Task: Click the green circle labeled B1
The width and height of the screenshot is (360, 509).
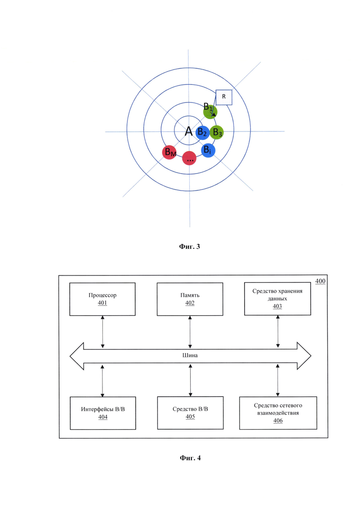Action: click(210, 112)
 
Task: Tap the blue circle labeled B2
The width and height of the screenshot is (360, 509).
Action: click(203, 132)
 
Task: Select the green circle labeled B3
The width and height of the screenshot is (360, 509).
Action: click(216, 132)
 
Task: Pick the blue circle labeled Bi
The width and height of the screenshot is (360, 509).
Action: click(208, 150)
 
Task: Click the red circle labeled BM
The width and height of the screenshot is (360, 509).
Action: click(169, 152)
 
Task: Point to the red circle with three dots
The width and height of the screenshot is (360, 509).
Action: click(189, 158)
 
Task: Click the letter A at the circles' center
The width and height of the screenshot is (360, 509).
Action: click(189, 132)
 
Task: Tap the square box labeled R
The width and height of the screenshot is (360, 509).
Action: click(224, 97)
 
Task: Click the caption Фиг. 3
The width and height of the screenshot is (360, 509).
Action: click(190, 246)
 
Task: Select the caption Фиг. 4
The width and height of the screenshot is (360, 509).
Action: click(190, 458)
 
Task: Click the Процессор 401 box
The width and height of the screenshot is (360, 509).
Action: click(102, 299)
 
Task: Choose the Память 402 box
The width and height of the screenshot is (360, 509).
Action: click(190, 299)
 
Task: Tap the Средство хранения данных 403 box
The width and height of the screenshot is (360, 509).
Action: click(277, 299)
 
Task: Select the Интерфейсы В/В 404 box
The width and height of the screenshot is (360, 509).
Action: click(103, 413)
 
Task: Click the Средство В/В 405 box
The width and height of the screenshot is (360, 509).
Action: click(190, 413)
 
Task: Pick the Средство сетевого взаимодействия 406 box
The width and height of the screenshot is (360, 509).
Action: click(278, 413)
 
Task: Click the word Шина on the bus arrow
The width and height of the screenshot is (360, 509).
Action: click(190, 355)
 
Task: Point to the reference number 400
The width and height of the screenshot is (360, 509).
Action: click(320, 281)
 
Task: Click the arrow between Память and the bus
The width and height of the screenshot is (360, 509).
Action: click(190, 332)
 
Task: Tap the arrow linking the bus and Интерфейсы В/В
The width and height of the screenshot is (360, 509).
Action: click(102, 380)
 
